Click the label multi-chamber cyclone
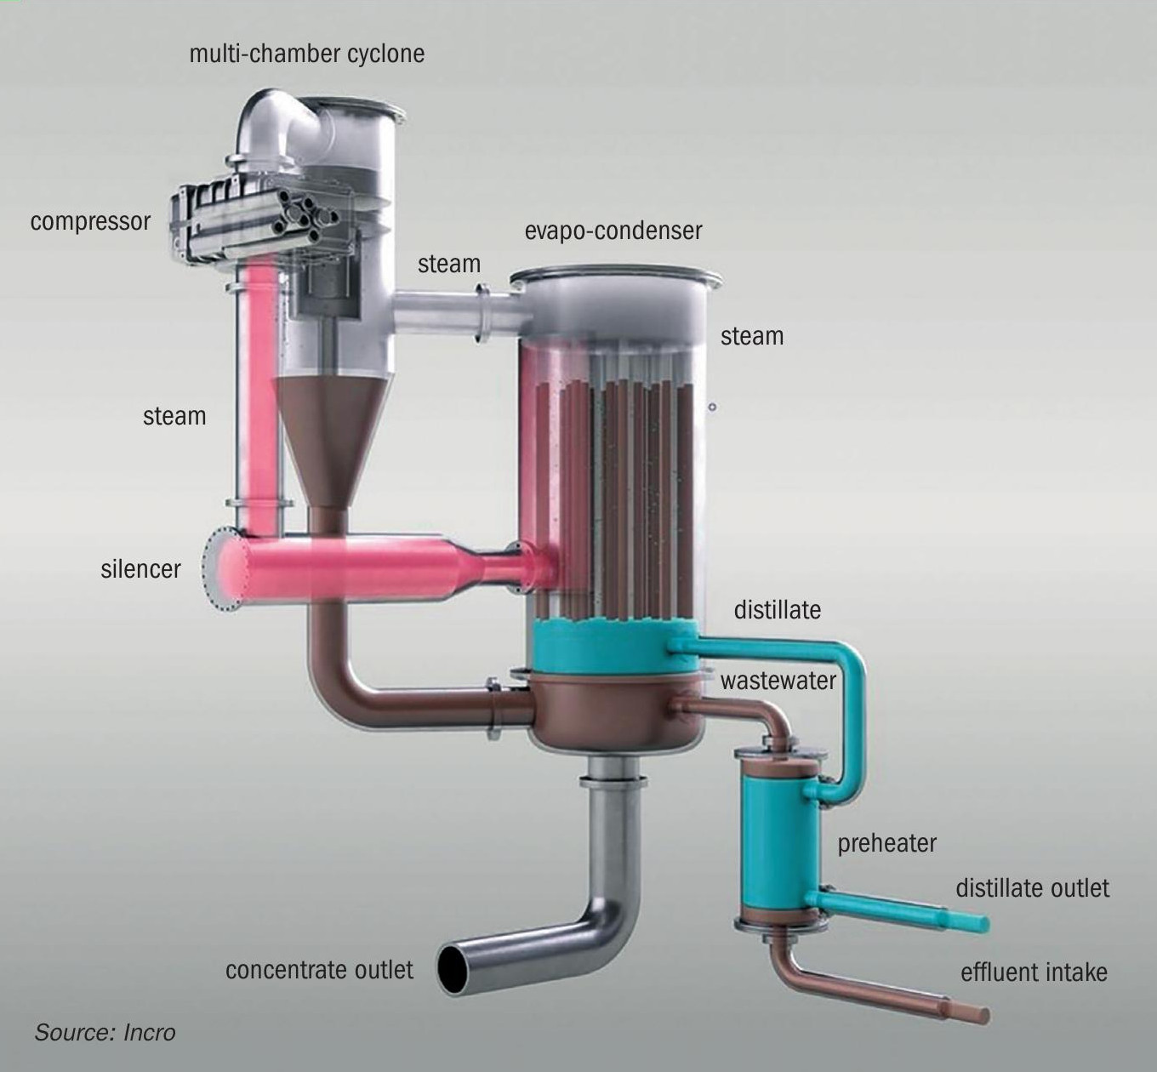[307, 54]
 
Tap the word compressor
[90, 222]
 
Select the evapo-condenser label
[613, 231]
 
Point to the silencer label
[140, 568]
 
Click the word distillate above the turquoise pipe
[778, 610]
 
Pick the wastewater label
[778, 681]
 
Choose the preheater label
[886, 844]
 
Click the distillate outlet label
[1032, 888]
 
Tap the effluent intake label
[1034, 972]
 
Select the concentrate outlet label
[319, 970]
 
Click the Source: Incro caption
[105, 1033]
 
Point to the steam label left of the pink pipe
[174, 417]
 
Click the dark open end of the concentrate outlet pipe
[453, 969]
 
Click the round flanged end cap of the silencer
[220, 569]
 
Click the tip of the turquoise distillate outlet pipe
[985, 924]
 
